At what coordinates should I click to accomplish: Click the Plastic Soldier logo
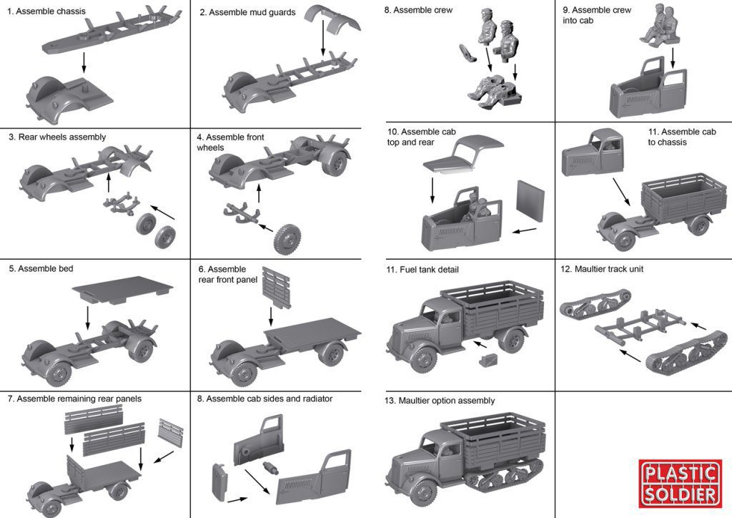click(679, 484)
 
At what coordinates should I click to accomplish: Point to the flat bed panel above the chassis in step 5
click(124, 290)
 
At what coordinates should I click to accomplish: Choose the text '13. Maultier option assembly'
click(440, 401)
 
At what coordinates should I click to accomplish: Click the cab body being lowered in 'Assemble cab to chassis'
click(591, 154)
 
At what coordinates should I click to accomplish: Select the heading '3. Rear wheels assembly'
click(57, 137)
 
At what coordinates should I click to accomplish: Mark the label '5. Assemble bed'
click(41, 268)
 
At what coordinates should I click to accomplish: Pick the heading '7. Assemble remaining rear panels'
click(74, 398)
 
